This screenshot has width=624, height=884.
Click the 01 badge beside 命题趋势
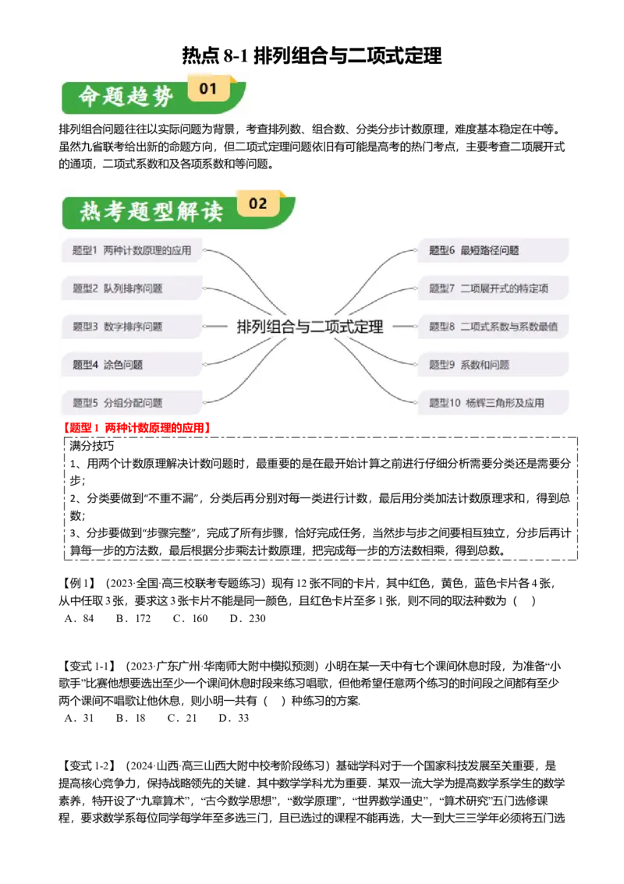[208, 89]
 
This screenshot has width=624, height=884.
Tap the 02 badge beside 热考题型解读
[258, 204]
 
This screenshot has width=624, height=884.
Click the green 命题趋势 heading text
[126, 97]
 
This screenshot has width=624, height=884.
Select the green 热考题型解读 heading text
[151, 211]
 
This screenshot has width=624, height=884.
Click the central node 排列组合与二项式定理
[310, 327]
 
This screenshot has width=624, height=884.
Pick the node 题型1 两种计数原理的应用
[131, 251]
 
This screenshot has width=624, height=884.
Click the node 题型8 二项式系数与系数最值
[493, 327]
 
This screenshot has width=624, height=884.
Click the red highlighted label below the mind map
[137, 428]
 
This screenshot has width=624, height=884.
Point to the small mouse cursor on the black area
[360, 702]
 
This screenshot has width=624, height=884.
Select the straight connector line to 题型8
[403, 327]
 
